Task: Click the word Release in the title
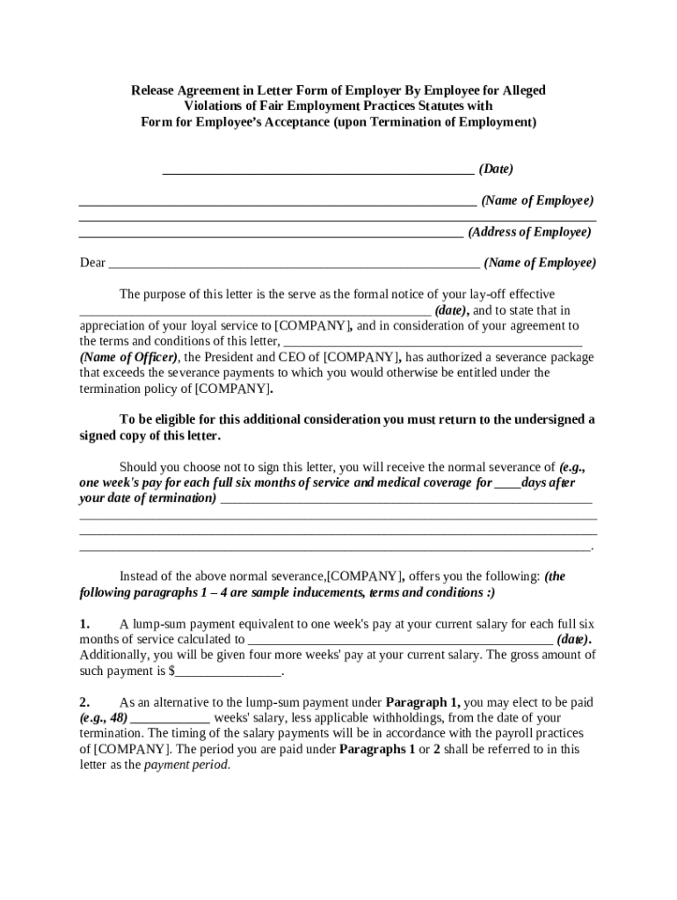154,91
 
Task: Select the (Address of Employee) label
529,232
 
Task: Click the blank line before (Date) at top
318,169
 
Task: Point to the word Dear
92,263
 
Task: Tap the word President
234,357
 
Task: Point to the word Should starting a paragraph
139,467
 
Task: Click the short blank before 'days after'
507,483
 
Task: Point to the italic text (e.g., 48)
104,718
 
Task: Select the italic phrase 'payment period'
186,765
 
